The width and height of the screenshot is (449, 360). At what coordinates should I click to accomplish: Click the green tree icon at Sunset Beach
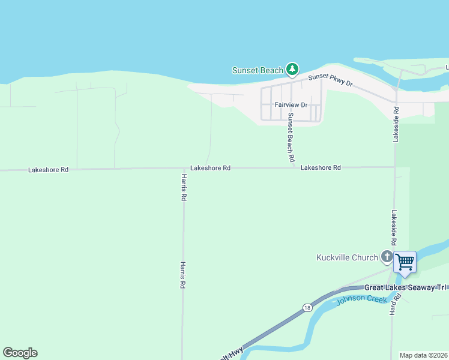coord(292,70)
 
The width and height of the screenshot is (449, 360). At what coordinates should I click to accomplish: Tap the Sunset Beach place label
coord(258,70)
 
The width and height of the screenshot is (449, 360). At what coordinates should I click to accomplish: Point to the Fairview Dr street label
coord(291,104)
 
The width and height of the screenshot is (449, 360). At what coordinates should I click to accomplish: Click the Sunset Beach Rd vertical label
coord(291,138)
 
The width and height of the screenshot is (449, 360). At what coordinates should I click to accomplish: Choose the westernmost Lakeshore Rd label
coord(48,170)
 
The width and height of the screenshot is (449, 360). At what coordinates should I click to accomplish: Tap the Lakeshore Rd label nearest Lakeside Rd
coord(321,167)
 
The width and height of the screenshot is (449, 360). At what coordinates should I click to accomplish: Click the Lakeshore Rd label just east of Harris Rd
coord(210,168)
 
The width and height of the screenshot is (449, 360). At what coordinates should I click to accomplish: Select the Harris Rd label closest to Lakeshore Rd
coord(184,187)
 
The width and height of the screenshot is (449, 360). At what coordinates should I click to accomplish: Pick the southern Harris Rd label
coord(182,275)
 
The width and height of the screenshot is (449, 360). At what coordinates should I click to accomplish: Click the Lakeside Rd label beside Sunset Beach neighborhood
coord(396,124)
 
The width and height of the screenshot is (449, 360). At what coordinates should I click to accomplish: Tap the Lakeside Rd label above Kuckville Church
coord(394,227)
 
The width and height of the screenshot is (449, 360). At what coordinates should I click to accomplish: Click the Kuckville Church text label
coord(347,258)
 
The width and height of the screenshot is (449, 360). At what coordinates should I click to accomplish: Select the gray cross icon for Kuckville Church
coord(387,257)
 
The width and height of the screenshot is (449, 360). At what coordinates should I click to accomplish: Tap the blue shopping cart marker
coord(405,262)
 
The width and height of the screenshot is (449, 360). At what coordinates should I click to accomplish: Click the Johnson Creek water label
coord(361,299)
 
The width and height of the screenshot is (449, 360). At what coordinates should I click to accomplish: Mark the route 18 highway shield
coord(307,308)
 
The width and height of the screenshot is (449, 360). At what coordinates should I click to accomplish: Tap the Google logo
coord(20,353)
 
